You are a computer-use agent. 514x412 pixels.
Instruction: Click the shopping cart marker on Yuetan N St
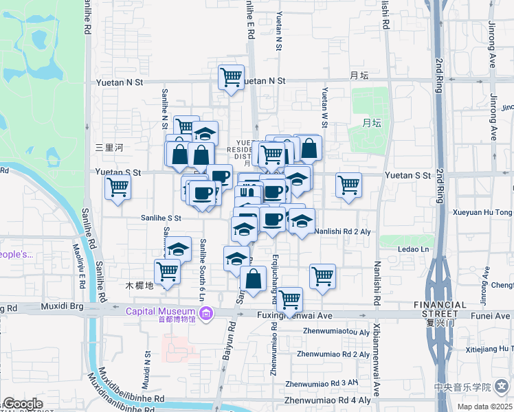232,77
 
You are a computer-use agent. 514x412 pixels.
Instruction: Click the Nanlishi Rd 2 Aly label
342,232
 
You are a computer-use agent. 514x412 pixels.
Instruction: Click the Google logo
22,404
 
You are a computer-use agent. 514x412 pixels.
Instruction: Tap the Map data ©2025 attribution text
485,407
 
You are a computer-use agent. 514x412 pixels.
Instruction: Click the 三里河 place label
109,147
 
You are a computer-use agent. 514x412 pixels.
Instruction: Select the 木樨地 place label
139,285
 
